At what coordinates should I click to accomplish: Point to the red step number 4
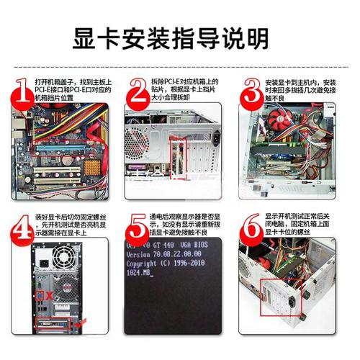click(23, 228)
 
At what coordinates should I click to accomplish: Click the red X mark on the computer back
click(48, 296)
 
